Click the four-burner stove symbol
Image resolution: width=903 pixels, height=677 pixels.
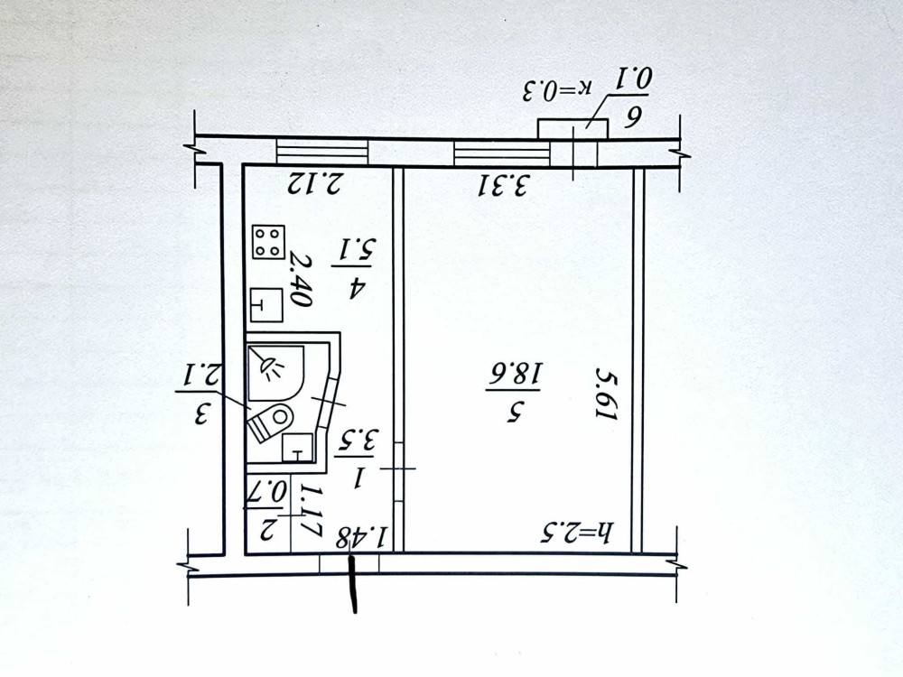coord(268,241)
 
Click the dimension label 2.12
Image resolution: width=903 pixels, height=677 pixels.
coord(315,183)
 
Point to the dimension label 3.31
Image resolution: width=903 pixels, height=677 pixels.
coord(503,185)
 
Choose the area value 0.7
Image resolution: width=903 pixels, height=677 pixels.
coord(267,494)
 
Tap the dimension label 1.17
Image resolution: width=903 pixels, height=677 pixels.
coord(310,511)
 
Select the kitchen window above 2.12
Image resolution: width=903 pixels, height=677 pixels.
coord(322,152)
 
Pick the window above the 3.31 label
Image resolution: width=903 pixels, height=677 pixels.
coord(501,153)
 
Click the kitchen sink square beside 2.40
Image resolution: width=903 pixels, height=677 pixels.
coord(267,305)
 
